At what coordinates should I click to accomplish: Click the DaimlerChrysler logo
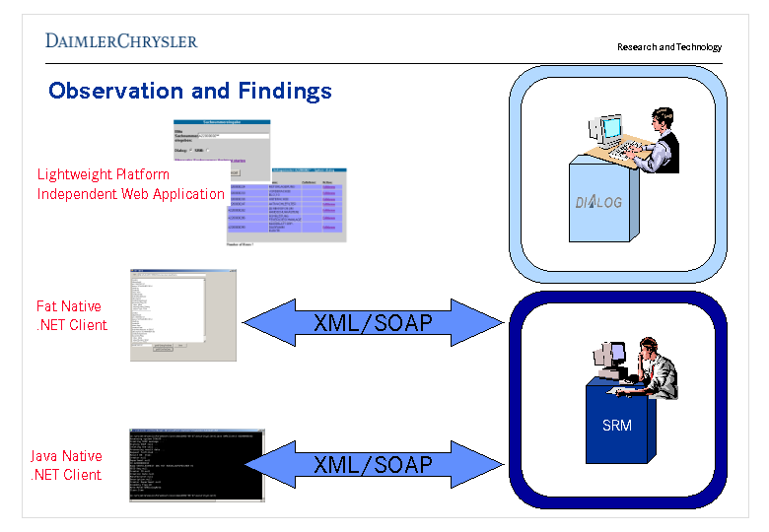pyautogui.click(x=120, y=40)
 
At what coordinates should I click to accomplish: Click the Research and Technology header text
pyautogui.click(x=668, y=47)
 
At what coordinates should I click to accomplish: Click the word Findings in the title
pyautogui.click(x=285, y=92)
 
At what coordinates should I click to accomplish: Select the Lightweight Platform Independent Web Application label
pyautogui.click(x=130, y=184)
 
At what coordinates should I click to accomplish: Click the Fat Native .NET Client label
pyautogui.click(x=71, y=316)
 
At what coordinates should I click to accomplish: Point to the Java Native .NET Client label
pyautogui.click(x=66, y=466)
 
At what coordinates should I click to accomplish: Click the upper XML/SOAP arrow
pyautogui.click(x=373, y=322)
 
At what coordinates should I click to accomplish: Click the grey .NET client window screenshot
pyautogui.click(x=182, y=314)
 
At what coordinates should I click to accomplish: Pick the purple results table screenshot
pyautogui.click(x=287, y=204)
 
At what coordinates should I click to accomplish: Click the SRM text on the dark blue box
pyautogui.click(x=616, y=426)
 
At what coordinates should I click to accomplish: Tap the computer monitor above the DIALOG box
pyautogui.click(x=609, y=129)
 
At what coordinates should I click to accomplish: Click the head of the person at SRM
pyautogui.click(x=648, y=347)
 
